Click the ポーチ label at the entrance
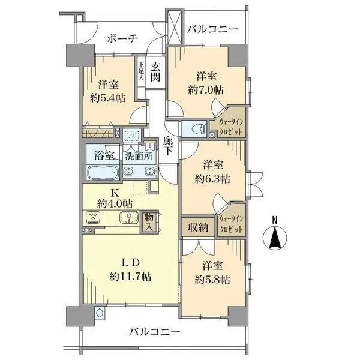click(122, 38)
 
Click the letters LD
click(131, 262)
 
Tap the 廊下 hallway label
click(168, 146)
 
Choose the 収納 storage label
click(198, 227)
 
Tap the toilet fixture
click(194, 128)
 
